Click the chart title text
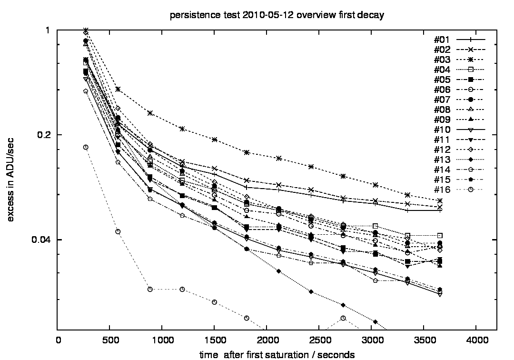[277, 15]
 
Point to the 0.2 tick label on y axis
[47, 135]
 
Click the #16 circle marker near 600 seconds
[118, 231]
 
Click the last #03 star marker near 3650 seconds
[440, 201]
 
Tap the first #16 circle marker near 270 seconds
[86, 147]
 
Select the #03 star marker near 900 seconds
[150, 113]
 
